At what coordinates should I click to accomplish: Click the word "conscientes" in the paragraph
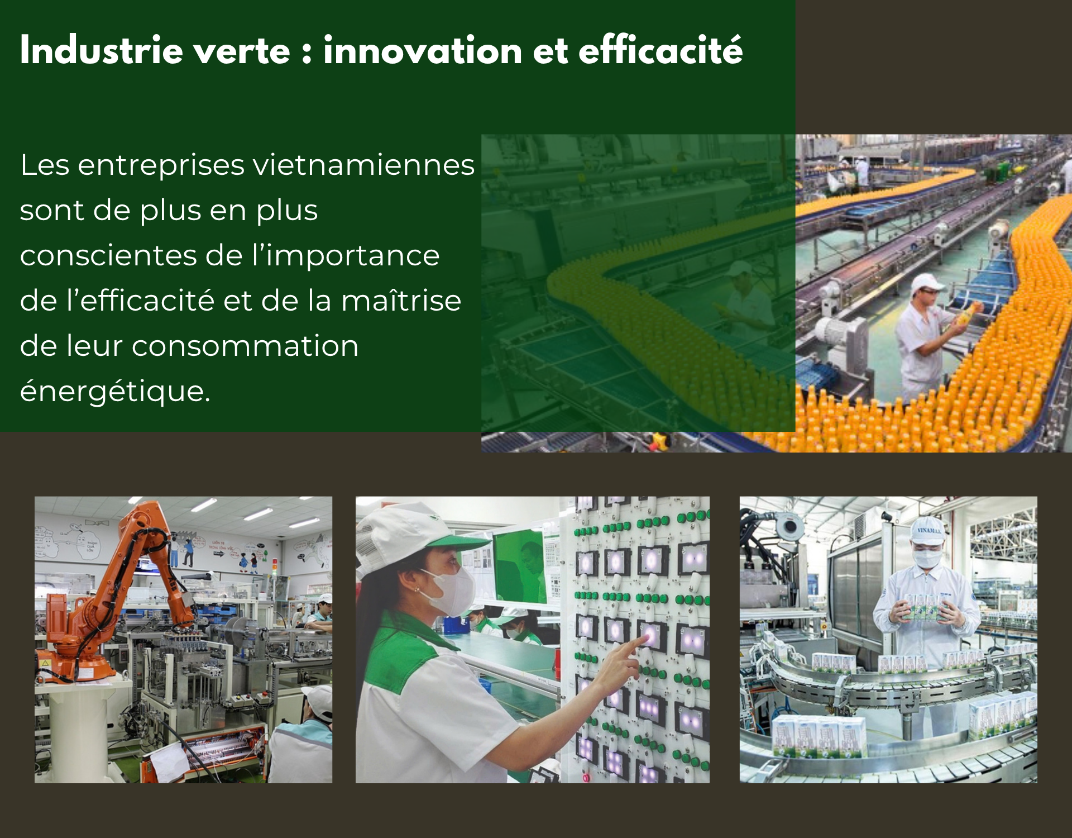click(108, 256)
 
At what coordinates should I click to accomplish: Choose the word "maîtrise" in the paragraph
click(401, 300)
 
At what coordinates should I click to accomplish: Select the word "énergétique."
click(115, 392)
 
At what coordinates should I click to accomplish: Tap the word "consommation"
click(245, 346)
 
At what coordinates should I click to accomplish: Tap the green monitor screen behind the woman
click(518, 564)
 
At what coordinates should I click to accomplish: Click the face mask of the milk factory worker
click(927, 558)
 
